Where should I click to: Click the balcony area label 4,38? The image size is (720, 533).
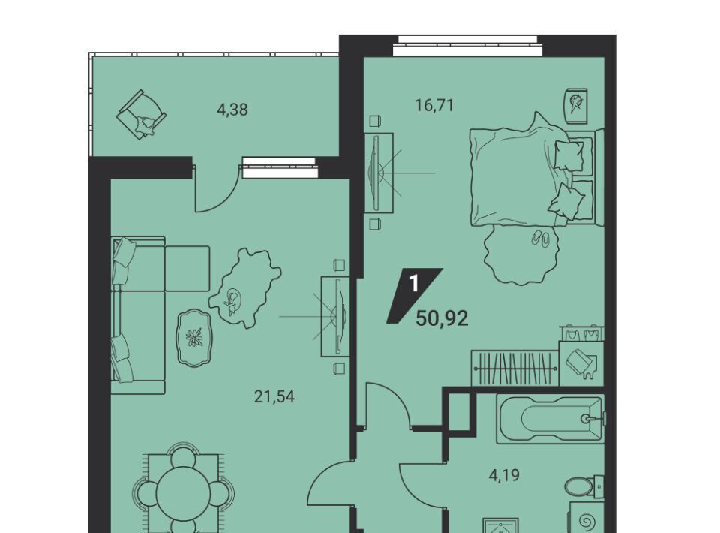[232, 110]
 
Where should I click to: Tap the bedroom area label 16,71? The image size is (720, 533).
[434, 106]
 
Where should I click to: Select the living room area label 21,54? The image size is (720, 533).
[274, 396]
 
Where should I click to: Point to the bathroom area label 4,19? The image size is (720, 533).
[504, 474]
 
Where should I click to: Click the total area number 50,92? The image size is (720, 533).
[442, 318]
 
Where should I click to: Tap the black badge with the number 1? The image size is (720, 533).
[414, 296]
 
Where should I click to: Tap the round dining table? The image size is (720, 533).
[183, 495]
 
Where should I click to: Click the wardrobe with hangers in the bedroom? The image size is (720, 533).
[514, 369]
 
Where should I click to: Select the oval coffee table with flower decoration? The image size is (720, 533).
[195, 338]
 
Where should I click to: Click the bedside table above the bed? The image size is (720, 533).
[576, 106]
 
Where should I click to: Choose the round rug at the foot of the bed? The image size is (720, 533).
[520, 254]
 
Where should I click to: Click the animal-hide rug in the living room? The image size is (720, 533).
[244, 288]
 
